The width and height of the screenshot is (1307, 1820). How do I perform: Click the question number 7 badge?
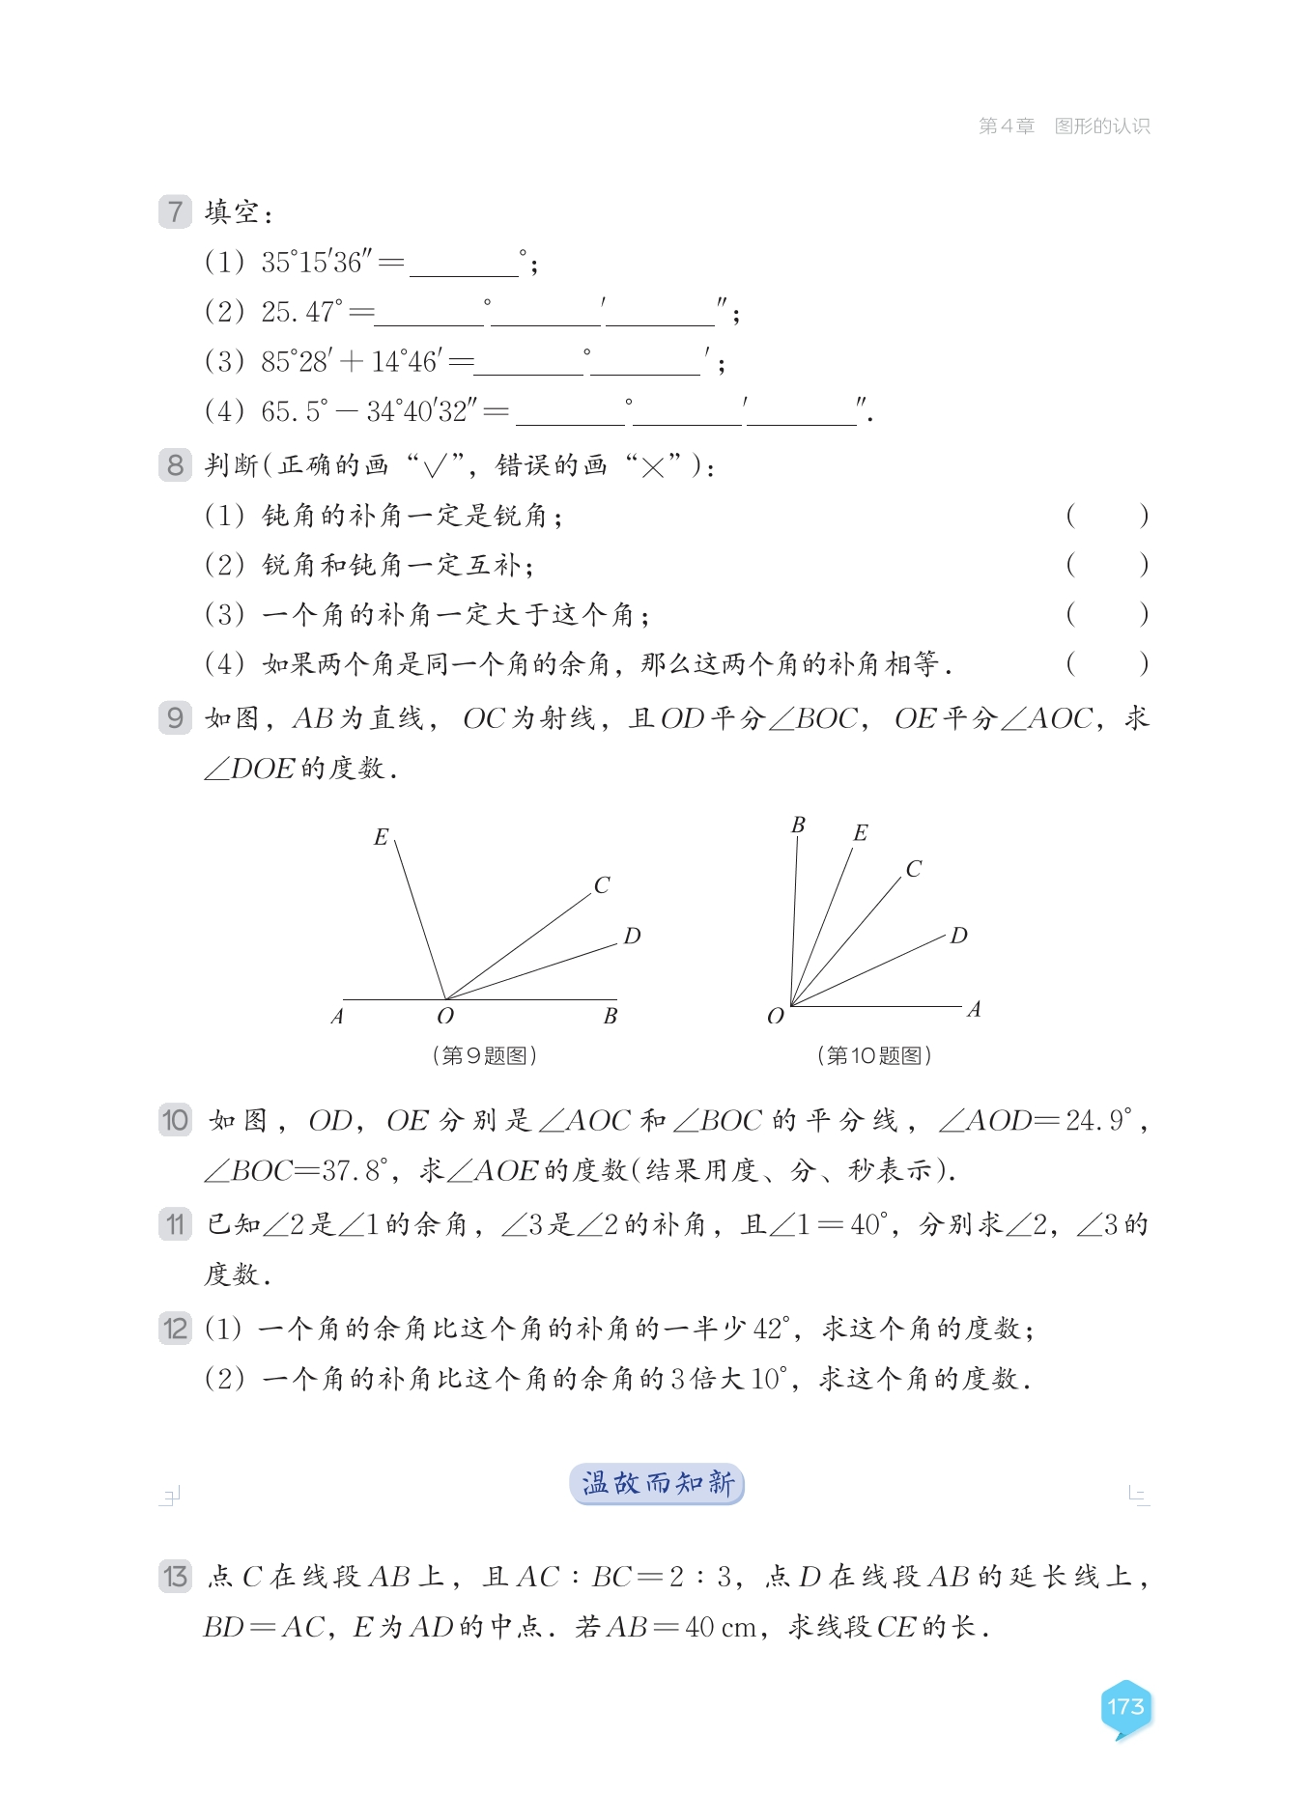175,212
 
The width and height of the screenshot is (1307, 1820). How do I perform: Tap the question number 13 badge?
175,1577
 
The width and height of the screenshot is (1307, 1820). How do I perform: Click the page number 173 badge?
1125,1707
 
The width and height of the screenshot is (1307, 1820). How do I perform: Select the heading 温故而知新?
657,1484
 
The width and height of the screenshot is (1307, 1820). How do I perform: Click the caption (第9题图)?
484,1055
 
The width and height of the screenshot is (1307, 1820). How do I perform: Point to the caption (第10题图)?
874,1055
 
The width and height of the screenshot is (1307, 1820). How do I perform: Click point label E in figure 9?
381,837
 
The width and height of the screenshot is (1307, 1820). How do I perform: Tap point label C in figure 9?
602,885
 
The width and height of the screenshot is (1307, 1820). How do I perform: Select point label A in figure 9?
337,1017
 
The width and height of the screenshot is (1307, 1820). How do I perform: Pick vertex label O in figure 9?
445,1017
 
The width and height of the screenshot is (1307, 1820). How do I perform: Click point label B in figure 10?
798,826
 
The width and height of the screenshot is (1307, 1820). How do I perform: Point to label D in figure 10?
958,936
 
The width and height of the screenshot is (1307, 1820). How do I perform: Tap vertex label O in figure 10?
775,1017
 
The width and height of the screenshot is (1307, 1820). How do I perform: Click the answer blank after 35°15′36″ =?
464,264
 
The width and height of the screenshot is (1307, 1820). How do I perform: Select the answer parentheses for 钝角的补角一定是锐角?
1107,516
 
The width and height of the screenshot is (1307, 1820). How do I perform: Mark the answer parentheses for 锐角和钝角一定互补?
1107,565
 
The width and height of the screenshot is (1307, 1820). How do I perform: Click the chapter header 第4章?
1007,126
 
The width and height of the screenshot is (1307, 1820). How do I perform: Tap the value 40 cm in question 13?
721,1628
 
